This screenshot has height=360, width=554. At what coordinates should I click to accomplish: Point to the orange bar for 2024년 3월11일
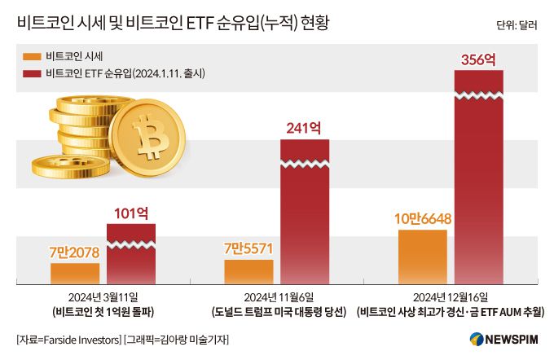75,274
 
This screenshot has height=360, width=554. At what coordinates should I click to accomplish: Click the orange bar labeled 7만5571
248,272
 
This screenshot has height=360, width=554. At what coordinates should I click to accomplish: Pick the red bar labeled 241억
305,212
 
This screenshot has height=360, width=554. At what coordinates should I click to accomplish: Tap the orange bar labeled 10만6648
422,257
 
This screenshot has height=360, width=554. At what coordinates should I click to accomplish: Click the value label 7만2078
74,252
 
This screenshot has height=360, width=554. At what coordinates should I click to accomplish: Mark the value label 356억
478,59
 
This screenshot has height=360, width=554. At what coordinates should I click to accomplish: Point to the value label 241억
305,128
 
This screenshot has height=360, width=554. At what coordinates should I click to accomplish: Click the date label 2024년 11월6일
277,298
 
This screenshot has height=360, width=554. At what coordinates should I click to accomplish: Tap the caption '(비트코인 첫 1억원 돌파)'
103,313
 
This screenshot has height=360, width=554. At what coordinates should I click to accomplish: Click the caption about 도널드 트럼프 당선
277,313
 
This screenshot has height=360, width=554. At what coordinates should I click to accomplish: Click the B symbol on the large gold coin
150,135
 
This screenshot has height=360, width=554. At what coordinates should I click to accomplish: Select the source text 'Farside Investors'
79,339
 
